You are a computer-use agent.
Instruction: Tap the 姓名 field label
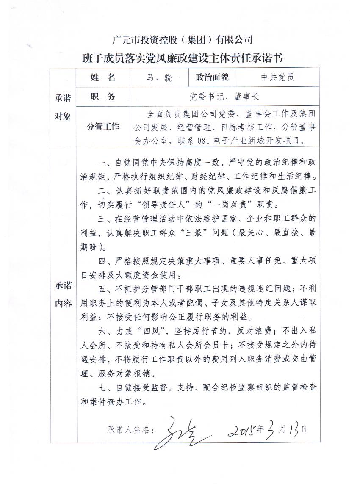tap(103, 77)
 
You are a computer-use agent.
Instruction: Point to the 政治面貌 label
tap(212, 77)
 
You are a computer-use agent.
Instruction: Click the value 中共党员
tap(277, 77)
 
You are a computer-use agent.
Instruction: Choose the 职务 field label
tap(103, 97)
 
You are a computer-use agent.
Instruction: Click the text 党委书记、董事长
tap(224, 97)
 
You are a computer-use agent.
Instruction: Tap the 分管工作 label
tap(103, 126)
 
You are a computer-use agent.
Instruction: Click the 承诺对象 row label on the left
tap(63, 107)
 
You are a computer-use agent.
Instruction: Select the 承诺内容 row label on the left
tap(63, 295)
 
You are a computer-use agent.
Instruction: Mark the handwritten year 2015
tap(243, 429)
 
